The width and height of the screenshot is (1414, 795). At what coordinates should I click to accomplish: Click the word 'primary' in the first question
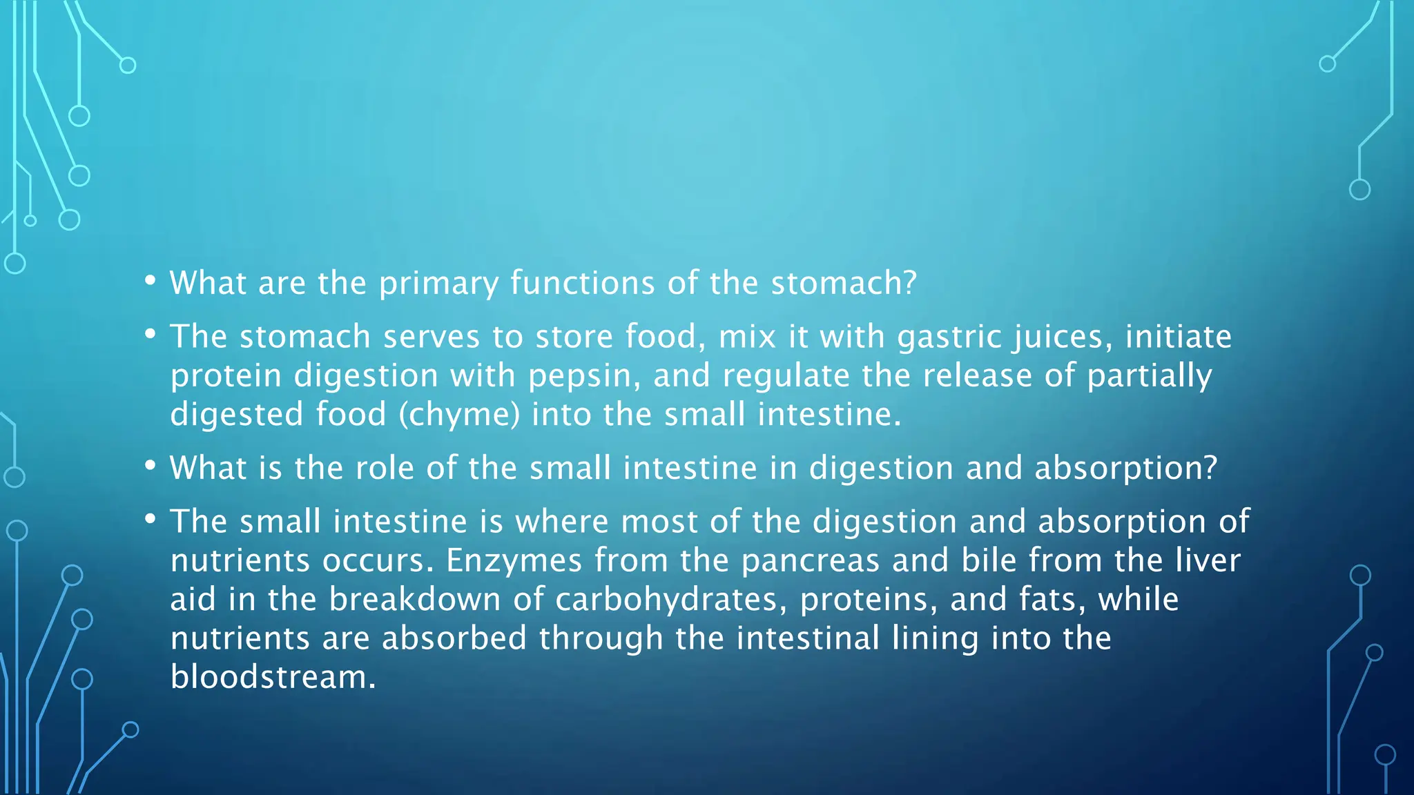[x=438, y=284]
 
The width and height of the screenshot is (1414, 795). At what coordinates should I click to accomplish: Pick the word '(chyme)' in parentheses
[x=459, y=415]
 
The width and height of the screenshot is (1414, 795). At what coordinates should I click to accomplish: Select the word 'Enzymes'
[x=514, y=560]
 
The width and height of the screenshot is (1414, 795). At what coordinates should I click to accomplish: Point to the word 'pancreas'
[x=810, y=560]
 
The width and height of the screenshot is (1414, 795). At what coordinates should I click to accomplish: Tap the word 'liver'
[x=1208, y=560]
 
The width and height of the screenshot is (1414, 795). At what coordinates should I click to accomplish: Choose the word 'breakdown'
[x=414, y=599]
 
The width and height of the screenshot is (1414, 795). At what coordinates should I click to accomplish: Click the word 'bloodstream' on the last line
[x=273, y=677]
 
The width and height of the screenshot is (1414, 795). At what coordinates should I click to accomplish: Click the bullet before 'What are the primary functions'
[x=151, y=281]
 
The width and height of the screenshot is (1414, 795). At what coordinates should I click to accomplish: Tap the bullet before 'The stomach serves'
[x=151, y=335]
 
